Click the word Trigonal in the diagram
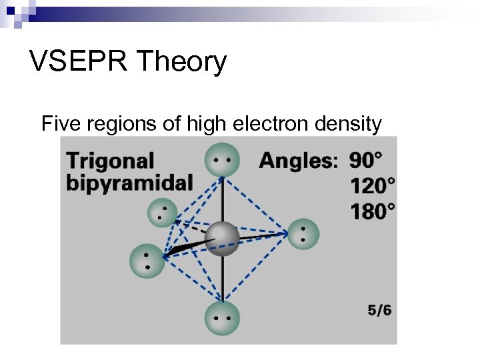coord(110,161)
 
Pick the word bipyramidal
coord(129,183)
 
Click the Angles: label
coord(299,161)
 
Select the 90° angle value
coord(366,160)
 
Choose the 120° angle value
coord(372,185)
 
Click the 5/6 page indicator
coord(379,310)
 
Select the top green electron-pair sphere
coord(222,160)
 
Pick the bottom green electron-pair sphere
coord(222,318)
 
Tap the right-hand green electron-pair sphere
coord(302,234)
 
